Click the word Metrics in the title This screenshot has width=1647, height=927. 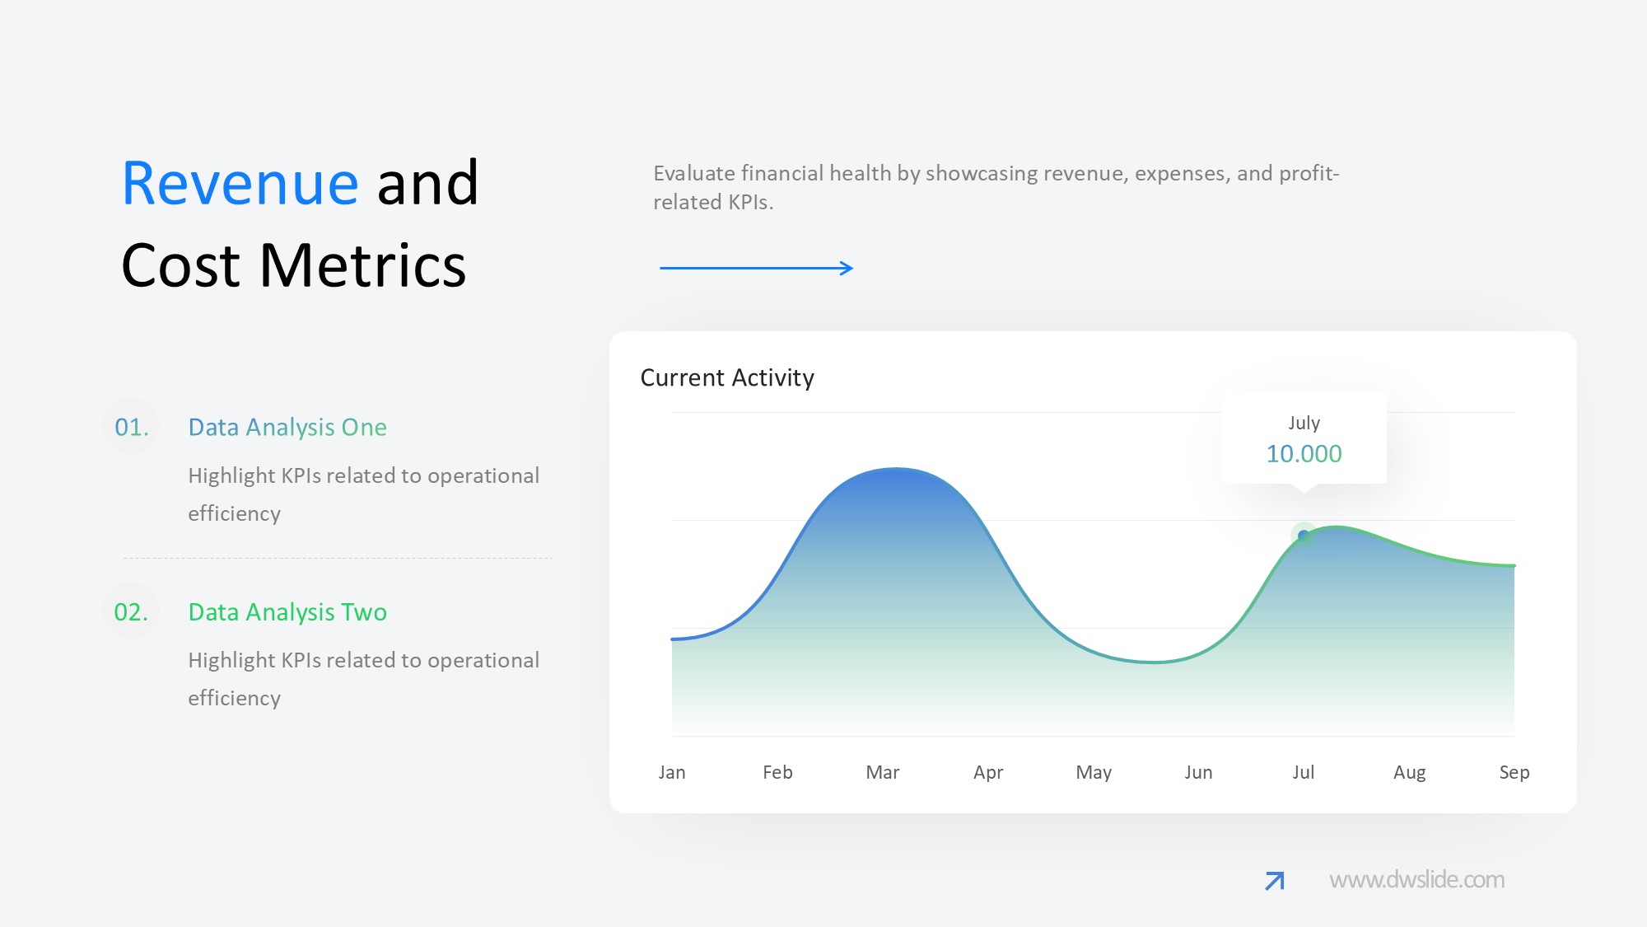(363, 265)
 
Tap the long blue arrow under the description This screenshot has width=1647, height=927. (756, 268)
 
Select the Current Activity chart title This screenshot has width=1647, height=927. (727, 377)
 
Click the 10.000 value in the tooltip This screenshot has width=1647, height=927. (1304, 454)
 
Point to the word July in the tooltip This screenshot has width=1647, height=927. (1304, 423)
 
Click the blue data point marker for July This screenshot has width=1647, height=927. (1304, 536)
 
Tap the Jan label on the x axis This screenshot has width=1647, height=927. (672, 772)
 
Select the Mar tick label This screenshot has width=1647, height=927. (883, 772)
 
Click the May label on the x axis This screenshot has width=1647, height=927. (1094, 773)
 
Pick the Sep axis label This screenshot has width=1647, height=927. (1514, 773)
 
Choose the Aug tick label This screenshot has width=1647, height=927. (1409, 773)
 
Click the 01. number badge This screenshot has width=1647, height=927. (132, 427)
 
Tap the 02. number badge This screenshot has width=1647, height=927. (132, 611)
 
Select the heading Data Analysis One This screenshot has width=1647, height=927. (287, 427)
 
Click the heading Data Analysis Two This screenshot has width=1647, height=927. (287, 611)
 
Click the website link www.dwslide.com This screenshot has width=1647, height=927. (1416, 879)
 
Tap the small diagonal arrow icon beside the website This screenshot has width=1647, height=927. (1275, 881)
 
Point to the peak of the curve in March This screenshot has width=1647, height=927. (896, 468)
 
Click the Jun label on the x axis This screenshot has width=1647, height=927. (1198, 773)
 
